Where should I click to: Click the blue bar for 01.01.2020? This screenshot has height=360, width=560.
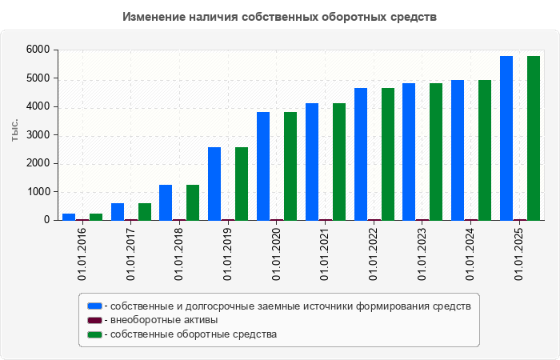pyautogui.click(x=263, y=166)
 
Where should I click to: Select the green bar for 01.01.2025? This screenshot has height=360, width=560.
pyautogui.click(x=534, y=138)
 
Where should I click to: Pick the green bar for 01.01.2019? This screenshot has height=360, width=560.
pyautogui.click(x=242, y=183)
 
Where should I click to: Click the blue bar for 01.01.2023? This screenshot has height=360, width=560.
pyautogui.click(x=409, y=151)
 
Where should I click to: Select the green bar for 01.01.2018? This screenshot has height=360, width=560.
pyautogui.click(x=193, y=202)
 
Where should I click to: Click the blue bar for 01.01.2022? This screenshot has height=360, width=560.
pyautogui.click(x=361, y=154)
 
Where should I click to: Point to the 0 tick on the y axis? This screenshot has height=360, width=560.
pyautogui.click(x=46, y=220)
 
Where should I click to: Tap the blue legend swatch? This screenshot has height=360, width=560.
pyautogui.click(x=95, y=306)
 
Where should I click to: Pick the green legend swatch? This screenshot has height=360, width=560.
pyautogui.click(x=95, y=334)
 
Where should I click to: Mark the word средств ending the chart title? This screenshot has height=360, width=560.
pyautogui.click(x=411, y=17)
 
